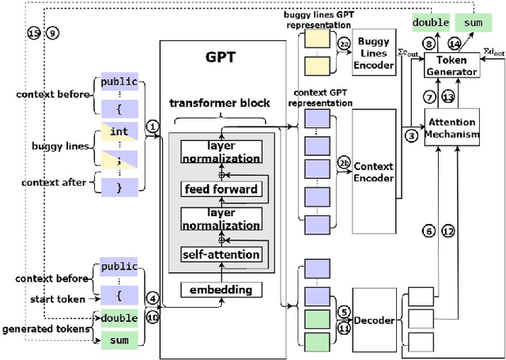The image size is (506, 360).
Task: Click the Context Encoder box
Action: click(x=374, y=172)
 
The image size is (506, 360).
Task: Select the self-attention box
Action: click(x=221, y=254)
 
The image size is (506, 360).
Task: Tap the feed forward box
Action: click(x=221, y=189)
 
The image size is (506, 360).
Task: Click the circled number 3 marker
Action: click(x=411, y=135)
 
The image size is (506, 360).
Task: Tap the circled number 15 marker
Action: click(x=32, y=32)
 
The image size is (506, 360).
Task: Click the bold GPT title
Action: click(x=221, y=59)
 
